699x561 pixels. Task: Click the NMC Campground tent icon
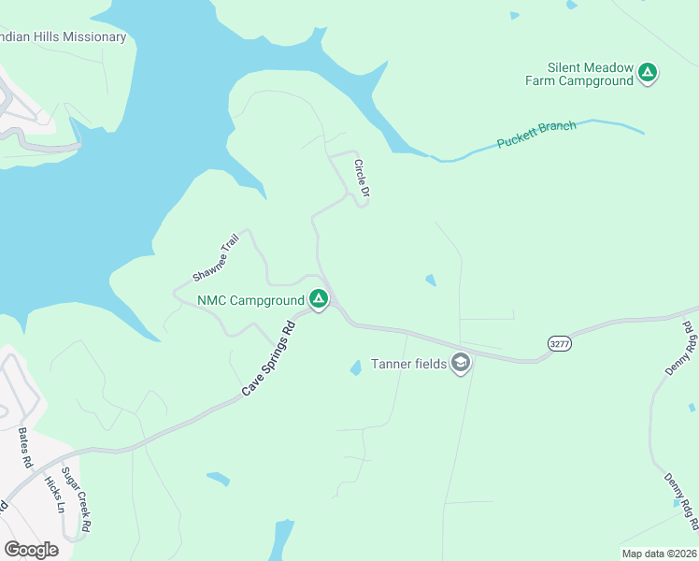(318, 300)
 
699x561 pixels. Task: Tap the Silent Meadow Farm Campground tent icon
(648, 73)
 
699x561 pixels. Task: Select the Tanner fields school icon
(460, 363)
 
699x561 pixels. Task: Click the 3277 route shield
(559, 344)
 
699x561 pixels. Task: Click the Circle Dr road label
(362, 179)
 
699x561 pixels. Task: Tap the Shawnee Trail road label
(217, 258)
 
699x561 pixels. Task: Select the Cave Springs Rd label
(268, 358)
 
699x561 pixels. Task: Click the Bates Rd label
(25, 449)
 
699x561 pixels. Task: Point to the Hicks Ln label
(54, 495)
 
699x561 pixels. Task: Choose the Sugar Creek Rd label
(76, 499)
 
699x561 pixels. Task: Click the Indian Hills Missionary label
(64, 37)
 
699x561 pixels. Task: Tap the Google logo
(31, 550)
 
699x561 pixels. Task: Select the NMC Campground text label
(250, 301)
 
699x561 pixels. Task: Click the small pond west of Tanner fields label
(355, 367)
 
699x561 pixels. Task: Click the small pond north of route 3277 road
(430, 280)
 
